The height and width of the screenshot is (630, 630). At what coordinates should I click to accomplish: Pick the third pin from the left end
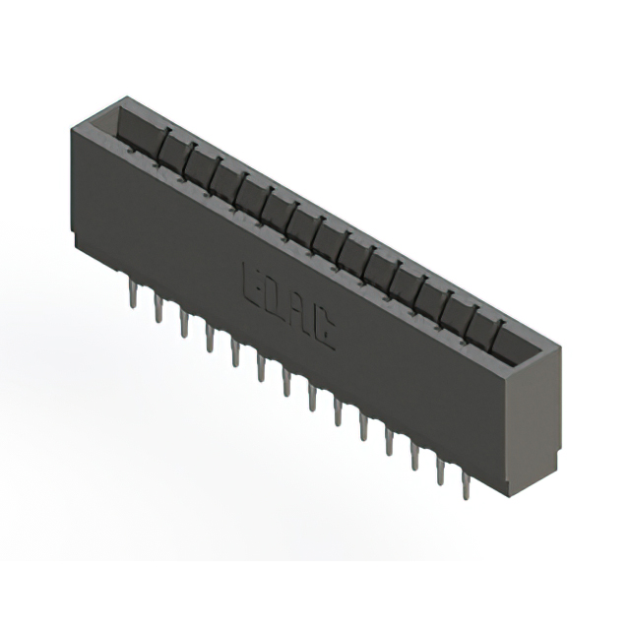click(x=183, y=323)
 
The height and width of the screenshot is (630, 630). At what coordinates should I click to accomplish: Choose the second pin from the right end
click(x=440, y=471)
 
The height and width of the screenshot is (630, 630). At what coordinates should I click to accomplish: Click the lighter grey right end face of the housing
click(x=536, y=423)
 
